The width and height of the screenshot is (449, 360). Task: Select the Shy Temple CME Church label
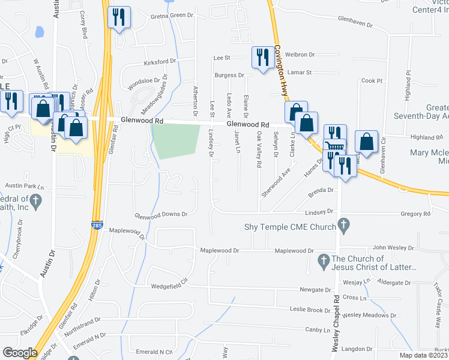tap(289, 227)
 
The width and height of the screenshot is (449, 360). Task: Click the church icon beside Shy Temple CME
tap(343, 226)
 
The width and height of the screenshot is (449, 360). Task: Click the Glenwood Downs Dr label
tap(161, 214)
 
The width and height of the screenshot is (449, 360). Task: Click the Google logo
tap(19, 353)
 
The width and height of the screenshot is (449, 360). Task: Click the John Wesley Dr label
tap(394, 247)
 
